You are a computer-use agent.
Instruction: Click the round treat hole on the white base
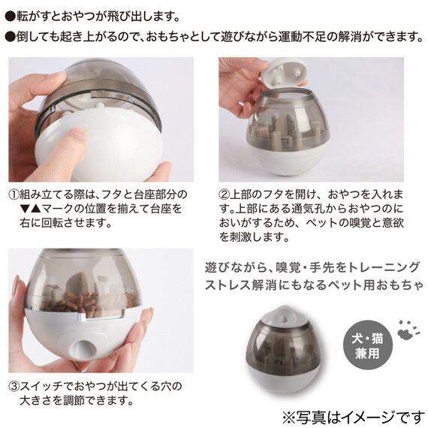[x=83, y=348]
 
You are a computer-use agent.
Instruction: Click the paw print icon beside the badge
[x=407, y=330]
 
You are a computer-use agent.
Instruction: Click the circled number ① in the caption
[x=14, y=195]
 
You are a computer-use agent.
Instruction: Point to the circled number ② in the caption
[x=224, y=195]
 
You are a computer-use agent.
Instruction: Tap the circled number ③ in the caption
[x=14, y=387]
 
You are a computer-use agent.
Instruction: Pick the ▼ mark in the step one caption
[x=25, y=209]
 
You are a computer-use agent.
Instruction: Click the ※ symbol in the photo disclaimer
[x=289, y=418]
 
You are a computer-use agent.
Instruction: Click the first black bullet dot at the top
[x=11, y=17]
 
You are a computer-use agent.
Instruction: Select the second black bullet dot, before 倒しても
[x=11, y=37]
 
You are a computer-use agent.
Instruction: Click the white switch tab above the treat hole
[x=82, y=316]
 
